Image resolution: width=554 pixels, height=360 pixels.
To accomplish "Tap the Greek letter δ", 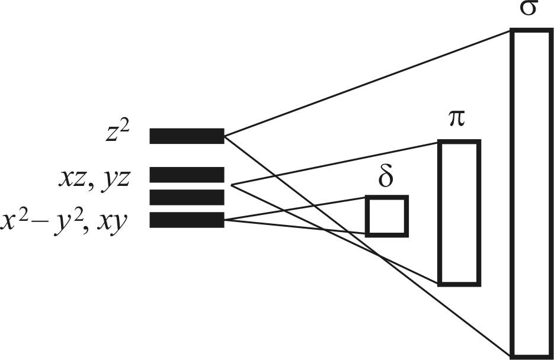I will click(x=386, y=179).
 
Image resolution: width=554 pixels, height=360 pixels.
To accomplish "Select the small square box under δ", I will click(x=386, y=216).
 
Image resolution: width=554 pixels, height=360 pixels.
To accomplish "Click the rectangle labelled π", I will click(x=459, y=213).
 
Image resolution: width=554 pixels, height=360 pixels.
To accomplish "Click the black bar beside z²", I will click(x=187, y=136).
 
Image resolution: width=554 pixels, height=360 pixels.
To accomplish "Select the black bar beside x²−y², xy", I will click(x=187, y=220).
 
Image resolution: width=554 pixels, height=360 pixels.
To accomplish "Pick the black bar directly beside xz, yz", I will click(x=187, y=175).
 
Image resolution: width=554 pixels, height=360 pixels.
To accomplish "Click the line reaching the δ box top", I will click(x=296, y=210).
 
